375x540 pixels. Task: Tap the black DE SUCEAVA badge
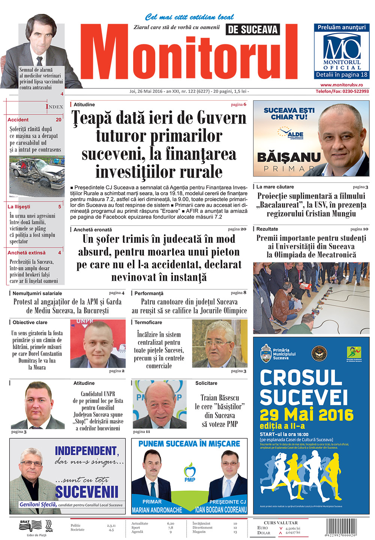253,29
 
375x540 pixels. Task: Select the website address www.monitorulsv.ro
342,85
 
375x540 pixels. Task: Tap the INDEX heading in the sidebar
54,107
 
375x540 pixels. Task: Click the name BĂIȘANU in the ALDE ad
289,157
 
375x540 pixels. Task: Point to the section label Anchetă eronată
92,229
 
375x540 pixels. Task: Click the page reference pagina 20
237,229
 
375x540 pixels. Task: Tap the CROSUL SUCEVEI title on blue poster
304,387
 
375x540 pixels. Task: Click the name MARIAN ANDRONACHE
157,510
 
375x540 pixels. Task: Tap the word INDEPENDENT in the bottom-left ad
87,451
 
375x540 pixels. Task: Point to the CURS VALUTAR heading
280,522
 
